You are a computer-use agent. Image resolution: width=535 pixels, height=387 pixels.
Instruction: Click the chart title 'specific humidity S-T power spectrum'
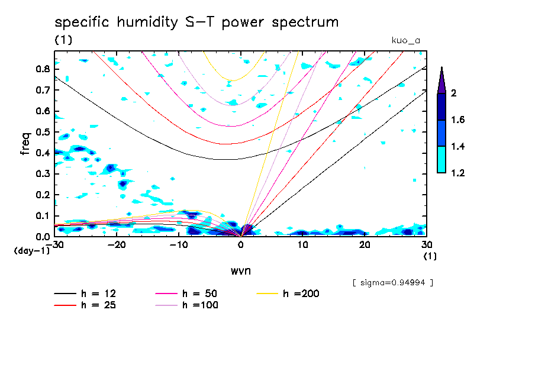196,23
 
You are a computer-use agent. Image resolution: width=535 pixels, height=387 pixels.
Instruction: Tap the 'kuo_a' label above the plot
405,40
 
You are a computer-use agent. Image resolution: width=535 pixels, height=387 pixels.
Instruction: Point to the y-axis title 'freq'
25,143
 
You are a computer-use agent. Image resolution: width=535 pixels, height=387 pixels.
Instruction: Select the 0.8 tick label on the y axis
41,69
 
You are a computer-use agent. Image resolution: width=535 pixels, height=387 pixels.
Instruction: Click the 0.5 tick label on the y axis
41,131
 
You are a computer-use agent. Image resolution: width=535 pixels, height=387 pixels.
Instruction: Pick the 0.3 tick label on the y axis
41,173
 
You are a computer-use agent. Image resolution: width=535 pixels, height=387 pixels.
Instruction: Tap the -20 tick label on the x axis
117,244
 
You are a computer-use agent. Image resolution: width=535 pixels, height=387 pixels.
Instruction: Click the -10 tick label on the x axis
179,244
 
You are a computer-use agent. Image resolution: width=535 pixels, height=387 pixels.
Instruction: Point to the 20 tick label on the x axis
365,244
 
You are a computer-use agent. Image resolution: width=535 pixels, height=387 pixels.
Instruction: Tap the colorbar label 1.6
457,120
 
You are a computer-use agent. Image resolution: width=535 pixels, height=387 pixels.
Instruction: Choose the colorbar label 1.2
457,173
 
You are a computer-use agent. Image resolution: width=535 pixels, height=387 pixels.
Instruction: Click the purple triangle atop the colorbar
441,80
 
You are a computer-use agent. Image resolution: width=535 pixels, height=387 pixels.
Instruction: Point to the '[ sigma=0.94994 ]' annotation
393,282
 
